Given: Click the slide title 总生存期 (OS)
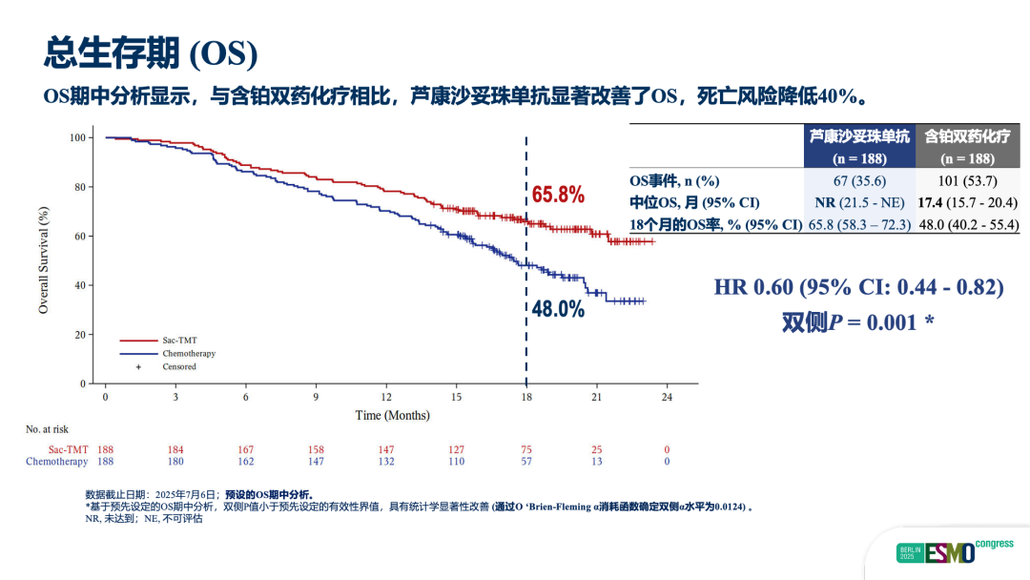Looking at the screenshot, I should click(x=151, y=53).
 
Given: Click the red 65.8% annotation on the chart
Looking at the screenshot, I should click(x=558, y=196).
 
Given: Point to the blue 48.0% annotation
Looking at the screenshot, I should click(x=558, y=309).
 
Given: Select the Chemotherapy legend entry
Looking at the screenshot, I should click(x=188, y=353).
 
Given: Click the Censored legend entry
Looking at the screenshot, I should click(x=179, y=366).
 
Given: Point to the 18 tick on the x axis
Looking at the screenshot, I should click(x=525, y=396).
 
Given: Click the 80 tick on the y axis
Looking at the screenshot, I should click(x=79, y=187).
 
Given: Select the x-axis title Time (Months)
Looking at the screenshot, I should click(x=392, y=415).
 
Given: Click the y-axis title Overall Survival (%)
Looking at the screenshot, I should click(x=44, y=259).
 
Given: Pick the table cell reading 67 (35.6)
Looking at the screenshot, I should click(x=859, y=181).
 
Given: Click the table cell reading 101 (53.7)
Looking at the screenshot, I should click(x=968, y=181).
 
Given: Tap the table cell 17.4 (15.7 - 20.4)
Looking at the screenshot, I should click(x=968, y=203).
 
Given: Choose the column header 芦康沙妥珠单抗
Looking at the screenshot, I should click(x=859, y=137).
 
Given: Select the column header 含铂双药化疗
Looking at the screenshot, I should click(x=968, y=137).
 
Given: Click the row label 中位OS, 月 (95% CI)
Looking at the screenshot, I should click(x=694, y=203).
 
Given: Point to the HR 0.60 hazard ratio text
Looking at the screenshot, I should click(x=858, y=287).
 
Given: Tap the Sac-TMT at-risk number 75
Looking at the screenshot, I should click(x=525, y=449).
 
